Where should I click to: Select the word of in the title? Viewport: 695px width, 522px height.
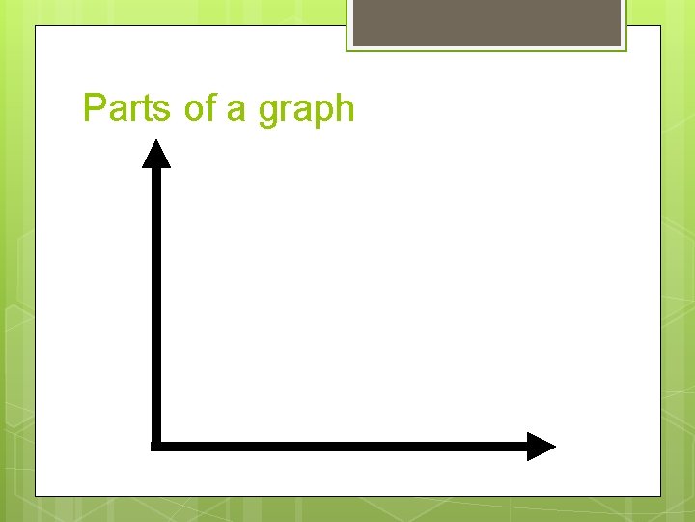(201, 107)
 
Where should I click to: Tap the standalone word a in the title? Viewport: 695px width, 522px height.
(236, 109)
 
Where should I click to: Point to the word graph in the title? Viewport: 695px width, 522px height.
(306, 109)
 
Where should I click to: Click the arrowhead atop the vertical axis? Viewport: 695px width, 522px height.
(156, 155)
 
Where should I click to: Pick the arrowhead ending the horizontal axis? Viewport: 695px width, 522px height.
(541, 446)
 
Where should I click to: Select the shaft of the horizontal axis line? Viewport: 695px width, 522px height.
(338, 446)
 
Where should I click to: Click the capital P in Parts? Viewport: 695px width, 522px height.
(95, 107)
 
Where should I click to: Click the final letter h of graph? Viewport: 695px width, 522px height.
(345, 107)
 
